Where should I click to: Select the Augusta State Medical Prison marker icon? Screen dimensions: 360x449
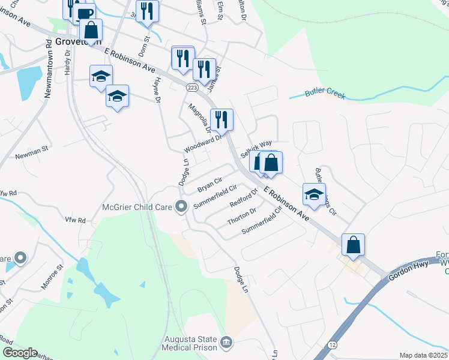[226, 343]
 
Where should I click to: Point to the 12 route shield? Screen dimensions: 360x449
[332, 345]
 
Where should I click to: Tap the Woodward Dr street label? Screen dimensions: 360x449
[204, 143]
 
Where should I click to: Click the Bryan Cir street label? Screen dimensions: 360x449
[210, 184]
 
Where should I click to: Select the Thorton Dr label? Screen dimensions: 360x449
[242, 217]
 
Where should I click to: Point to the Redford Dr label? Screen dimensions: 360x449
[243, 198]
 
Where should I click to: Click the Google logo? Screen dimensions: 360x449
[20, 353]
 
